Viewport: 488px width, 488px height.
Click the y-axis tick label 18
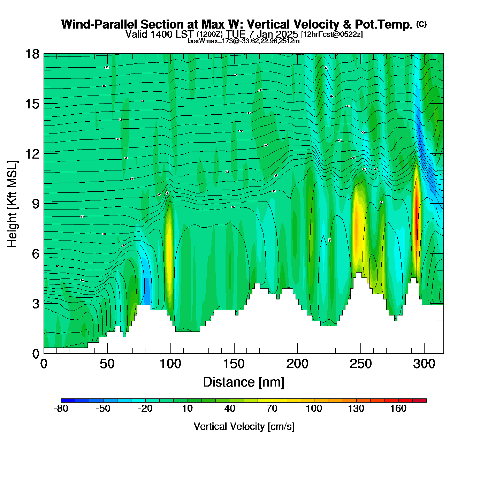[32, 54]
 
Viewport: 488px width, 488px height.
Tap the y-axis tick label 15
[32, 104]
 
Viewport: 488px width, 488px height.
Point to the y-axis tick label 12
[32, 154]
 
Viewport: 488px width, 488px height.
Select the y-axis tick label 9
[36, 204]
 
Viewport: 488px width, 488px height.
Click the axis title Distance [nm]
[244, 382]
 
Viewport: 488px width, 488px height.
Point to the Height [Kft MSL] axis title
[12, 204]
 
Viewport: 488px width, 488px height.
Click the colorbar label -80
[61, 409]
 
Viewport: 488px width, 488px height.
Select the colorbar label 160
[398, 409]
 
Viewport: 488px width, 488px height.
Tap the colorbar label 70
[272, 409]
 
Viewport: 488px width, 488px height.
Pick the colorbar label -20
[145, 409]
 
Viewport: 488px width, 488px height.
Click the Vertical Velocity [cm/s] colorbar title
[244, 427]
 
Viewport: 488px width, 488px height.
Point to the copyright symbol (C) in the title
[421, 24]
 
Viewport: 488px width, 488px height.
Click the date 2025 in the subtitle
[287, 34]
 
